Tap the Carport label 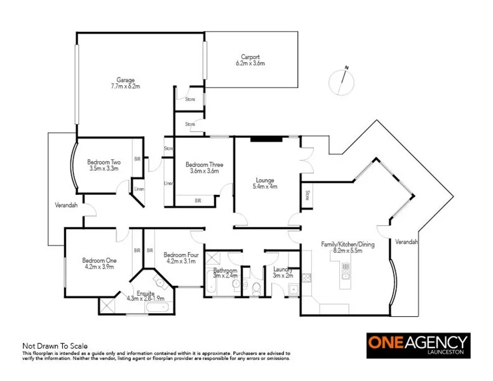250,57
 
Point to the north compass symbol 342,82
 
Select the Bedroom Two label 104,162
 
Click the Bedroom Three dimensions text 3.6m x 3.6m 204,171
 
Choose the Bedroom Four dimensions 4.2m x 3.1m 180,260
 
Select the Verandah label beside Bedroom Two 65,205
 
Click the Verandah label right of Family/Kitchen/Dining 406,242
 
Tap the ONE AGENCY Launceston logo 418,345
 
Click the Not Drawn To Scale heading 55,346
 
